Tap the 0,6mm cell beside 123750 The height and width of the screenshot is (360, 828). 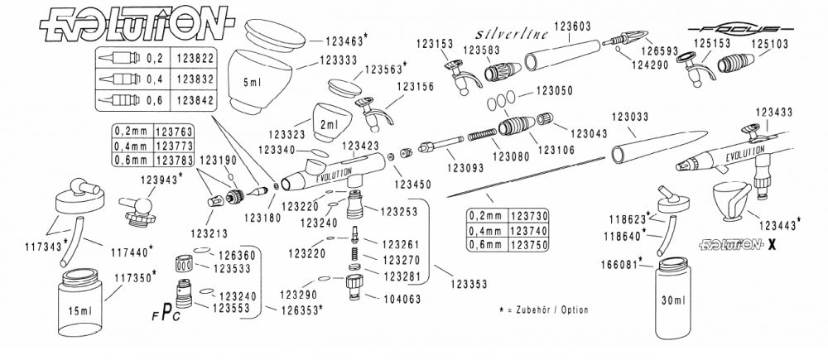coord(486,245)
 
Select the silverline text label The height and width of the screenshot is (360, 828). coord(510,34)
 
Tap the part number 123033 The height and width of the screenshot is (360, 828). coord(631,116)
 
